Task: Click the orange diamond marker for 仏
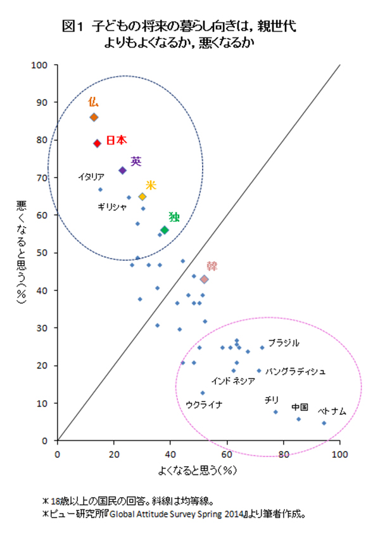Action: point(94,117)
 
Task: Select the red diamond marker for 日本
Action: point(98,143)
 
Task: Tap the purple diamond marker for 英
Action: point(122,171)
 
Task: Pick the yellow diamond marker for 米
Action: point(142,197)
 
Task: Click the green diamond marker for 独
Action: point(165,230)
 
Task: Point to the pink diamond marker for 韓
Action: point(204,279)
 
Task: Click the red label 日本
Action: point(117,140)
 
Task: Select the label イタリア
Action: point(91,177)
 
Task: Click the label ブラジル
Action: point(283,342)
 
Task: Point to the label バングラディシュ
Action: point(295,371)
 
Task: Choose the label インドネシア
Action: point(233,381)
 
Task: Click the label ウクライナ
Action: point(204,404)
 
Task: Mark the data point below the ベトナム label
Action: point(324,423)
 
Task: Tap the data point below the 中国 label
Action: point(298,419)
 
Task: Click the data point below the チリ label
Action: point(275,412)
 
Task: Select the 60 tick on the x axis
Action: point(227,454)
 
